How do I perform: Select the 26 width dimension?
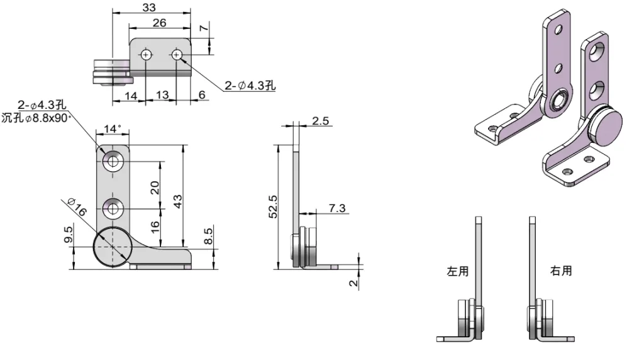point(160,23)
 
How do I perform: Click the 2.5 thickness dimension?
point(321,121)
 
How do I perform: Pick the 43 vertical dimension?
point(178,201)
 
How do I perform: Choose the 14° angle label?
point(112,129)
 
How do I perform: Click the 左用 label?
point(457,271)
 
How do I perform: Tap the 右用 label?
point(561,271)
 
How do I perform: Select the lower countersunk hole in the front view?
point(113,207)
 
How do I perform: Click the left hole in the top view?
point(146,55)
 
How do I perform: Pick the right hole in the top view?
point(177,55)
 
